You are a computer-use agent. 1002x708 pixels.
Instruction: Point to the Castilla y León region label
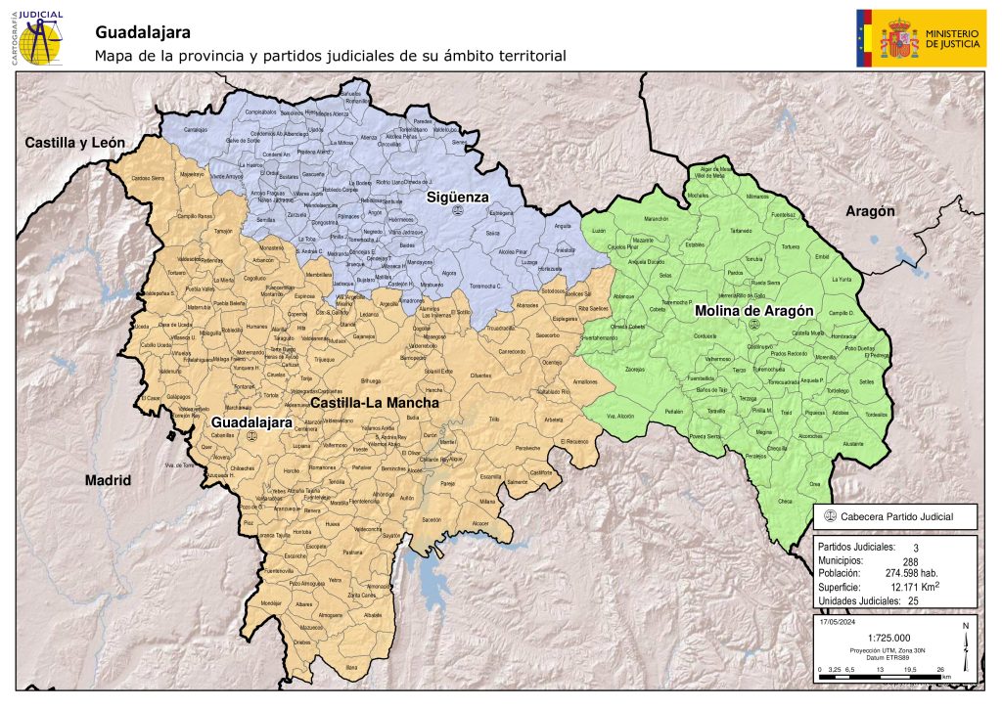[75, 143]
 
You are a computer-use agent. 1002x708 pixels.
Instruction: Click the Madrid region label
[108, 481]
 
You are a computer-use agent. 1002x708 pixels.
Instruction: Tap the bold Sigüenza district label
[456, 198]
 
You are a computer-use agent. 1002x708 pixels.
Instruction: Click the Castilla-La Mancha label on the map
[375, 402]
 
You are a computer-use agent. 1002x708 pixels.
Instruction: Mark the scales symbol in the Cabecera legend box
[831, 516]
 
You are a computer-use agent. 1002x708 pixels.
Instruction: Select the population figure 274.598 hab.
[912, 573]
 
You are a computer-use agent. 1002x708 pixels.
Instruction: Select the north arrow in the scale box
[965, 641]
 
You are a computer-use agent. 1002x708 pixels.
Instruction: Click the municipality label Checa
[784, 502]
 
